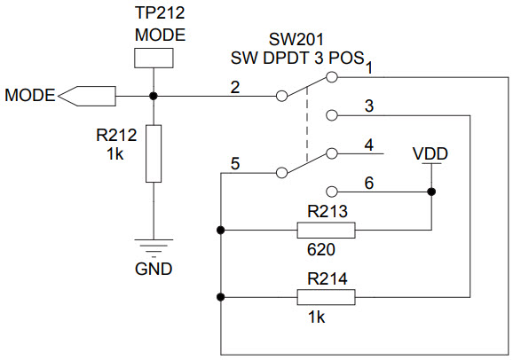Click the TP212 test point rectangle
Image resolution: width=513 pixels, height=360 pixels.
pyautogui.click(x=154, y=58)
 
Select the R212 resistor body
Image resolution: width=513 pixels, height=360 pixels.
pyautogui.click(x=154, y=153)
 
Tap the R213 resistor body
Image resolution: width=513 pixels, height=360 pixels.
pyautogui.click(x=326, y=231)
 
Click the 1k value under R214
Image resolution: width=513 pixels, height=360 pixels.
pyautogui.click(x=317, y=317)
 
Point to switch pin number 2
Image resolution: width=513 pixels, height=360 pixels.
pyautogui.click(x=234, y=87)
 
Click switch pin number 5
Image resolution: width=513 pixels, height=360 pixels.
pyautogui.click(x=234, y=163)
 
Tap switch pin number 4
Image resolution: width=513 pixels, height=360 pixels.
pyautogui.click(x=368, y=145)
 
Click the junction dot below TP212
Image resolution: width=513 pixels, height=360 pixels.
pyautogui.click(x=154, y=95)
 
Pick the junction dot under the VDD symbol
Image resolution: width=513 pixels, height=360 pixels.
pyautogui.click(x=430, y=191)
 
